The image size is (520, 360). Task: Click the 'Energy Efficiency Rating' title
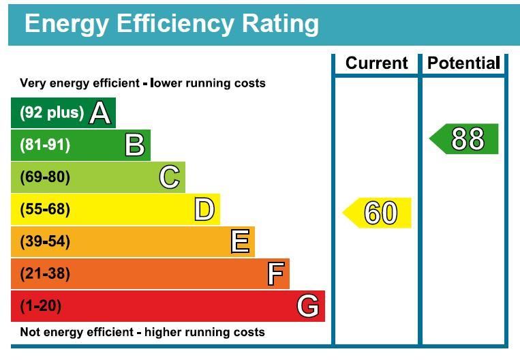tap(171, 23)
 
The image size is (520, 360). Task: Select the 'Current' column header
tap(376, 63)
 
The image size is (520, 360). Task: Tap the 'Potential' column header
tap(463, 63)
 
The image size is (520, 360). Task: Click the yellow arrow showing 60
tap(378, 213)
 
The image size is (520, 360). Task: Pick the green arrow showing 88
tap(465, 139)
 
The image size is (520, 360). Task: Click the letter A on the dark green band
tap(100, 113)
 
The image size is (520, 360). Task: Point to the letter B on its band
tap(135, 145)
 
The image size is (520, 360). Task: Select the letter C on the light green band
tap(170, 177)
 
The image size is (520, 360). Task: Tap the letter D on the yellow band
tap(204, 209)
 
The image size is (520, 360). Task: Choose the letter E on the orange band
tap(240, 241)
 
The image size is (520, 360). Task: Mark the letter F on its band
tap(275, 273)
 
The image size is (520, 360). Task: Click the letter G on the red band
tap(308, 306)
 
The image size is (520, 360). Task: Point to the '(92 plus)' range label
tap(52, 112)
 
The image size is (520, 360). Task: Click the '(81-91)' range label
tap(45, 145)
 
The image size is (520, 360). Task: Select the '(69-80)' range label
tap(45, 177)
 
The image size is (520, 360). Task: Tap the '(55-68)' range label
tap(45, 209)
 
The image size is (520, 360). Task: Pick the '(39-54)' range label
tap(45, 241)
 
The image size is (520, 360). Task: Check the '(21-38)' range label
tap(45, 273)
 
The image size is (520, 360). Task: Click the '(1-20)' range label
tap(41, 306)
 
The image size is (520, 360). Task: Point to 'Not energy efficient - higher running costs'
tap(142, 333)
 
